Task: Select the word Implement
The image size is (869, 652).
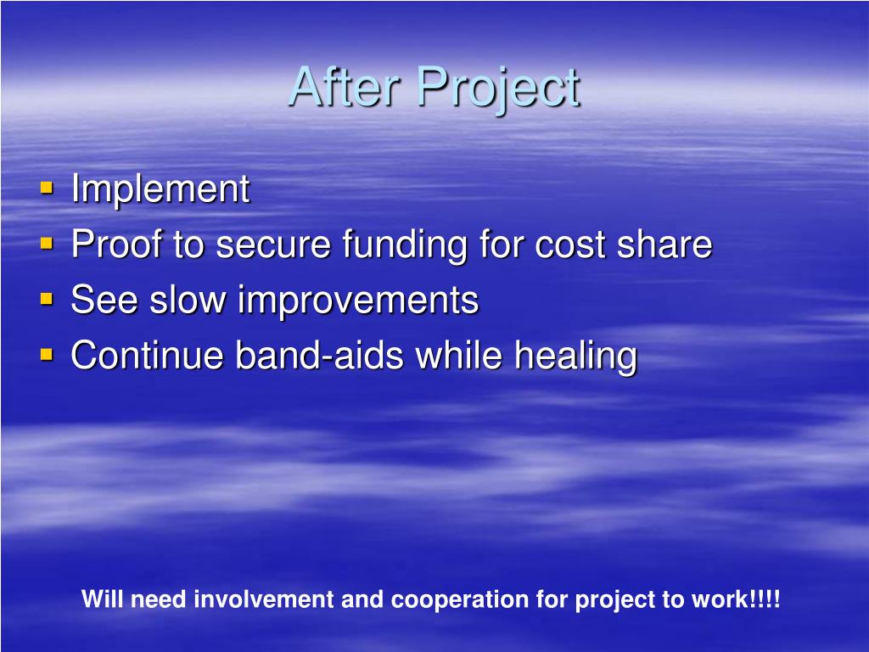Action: (x=160, y=189)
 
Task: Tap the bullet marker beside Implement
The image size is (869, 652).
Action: (x=47, y=187)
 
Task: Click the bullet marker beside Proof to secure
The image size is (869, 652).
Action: (x=47, y=244)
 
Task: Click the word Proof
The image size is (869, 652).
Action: (x=117, y=244)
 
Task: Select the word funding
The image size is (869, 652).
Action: (x=405, y=245)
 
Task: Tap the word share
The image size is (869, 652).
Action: (x=664, y=244)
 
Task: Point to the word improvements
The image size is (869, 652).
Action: (x=358, y=301)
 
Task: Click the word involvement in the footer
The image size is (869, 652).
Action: (x=265, y=600)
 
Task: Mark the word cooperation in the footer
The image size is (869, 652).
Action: (x=459, y=601)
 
